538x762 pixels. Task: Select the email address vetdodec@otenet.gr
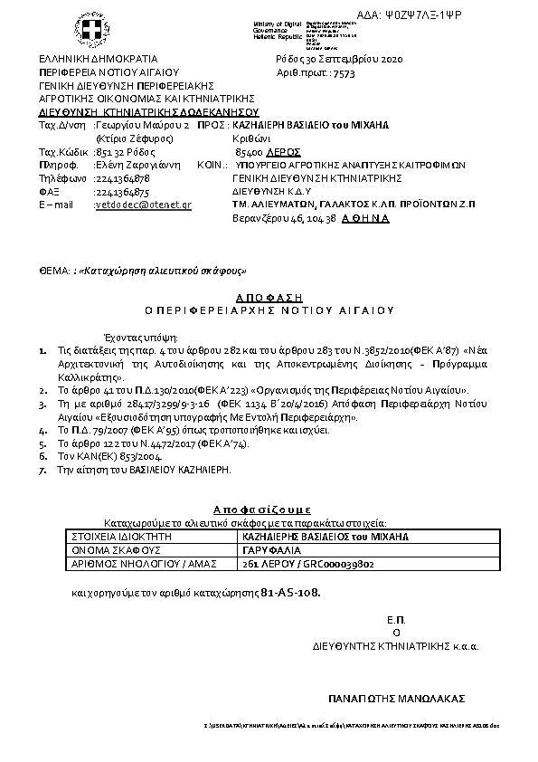[143, 205]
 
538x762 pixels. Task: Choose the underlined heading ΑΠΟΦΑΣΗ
[269, 297]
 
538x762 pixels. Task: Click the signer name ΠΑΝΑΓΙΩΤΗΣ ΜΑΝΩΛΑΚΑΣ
[396, 699]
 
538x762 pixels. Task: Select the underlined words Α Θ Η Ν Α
[365, 218]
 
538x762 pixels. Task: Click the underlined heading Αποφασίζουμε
[269, 509]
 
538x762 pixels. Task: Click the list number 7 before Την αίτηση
[42, 471]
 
